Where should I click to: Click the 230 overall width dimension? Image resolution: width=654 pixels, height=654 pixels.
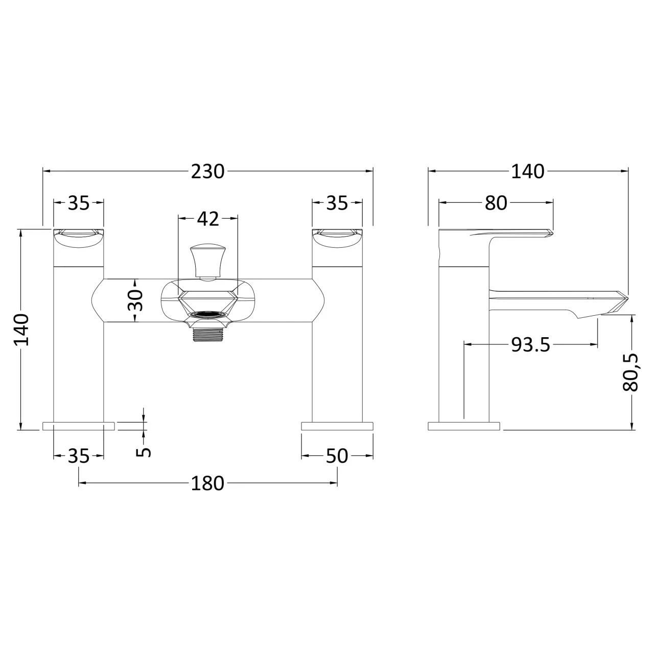coord(207,172)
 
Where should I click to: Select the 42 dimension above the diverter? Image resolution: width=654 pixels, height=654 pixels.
coord(207,219)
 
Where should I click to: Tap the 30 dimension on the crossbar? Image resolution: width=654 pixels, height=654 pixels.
coord(135,300)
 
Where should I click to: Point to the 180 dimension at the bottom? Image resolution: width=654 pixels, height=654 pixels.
coord(207,483)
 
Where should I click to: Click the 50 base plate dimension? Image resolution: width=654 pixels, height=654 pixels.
coord(337,456)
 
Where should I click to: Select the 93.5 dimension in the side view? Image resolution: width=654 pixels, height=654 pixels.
coord(530,345)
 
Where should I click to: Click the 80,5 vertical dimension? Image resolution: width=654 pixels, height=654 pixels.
coord(632,372)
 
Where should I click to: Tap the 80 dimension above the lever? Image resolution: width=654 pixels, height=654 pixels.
coord(496,203)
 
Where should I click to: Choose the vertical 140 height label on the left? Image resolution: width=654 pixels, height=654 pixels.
coord(21,330)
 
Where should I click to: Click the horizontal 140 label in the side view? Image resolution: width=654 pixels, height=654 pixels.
coord(527,172)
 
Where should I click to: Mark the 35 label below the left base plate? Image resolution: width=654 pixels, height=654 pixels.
coord(79,456)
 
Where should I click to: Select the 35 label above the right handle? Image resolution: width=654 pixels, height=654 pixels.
coord(337,203)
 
